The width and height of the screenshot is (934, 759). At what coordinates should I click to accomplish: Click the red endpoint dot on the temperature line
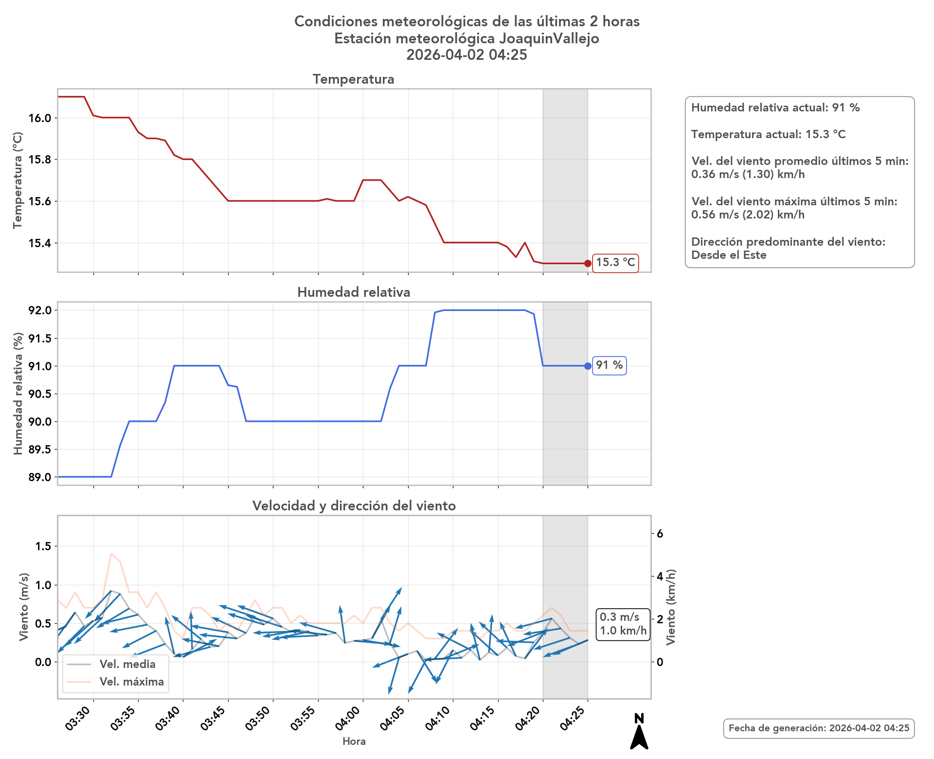[x=588, y=263]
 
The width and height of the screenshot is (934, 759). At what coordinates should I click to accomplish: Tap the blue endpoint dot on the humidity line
[x=588, y=366]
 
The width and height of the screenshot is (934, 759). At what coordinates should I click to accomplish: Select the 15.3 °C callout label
[x=615, y=263]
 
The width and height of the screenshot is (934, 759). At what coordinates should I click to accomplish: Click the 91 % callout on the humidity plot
[x=609, y=365]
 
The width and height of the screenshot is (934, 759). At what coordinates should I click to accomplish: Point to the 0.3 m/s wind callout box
[x=623, y=624]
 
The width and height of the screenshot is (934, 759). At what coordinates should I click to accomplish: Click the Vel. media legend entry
[x=127, y=665]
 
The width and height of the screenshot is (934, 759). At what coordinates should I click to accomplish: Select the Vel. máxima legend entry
[x=131, y=682]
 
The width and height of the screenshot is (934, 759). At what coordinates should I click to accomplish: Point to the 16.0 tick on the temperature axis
[x=39, y=118]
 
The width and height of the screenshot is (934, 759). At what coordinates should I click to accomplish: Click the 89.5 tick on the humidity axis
[x=39, y=450]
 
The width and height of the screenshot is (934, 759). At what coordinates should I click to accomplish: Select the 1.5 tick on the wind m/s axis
[x=43, y=546]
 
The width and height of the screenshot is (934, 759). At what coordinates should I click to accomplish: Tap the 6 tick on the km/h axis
[x=660, y=534]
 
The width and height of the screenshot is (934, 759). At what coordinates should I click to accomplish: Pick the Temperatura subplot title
[x=354, y=79]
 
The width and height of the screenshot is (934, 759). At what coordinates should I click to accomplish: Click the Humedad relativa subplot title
[x=354, y=292]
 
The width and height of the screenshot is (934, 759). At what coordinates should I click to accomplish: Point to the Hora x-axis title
[x=354, y=741]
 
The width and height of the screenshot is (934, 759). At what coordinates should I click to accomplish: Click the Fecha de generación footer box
[x=819, y=728]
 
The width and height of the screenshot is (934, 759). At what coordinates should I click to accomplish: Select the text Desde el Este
[x=729, y=255]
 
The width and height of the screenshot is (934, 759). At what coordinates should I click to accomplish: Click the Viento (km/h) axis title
[x=671, y=607]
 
